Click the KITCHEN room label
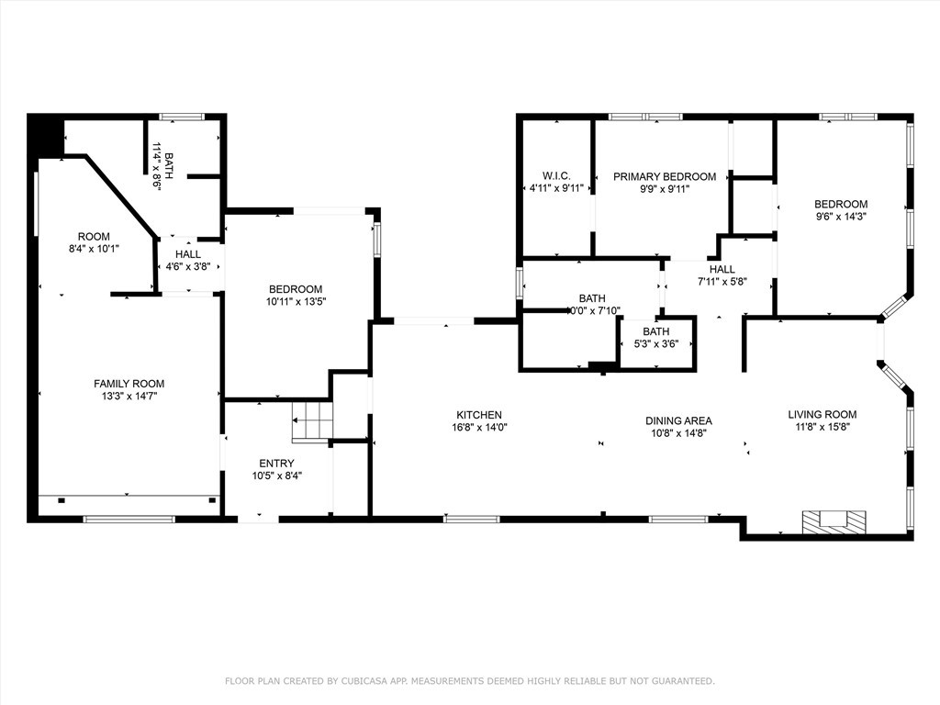(x=479, y=415)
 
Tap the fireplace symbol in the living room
(x=834, y=521)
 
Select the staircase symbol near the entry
(x=312, y=421)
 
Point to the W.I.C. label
(x=556, y=175)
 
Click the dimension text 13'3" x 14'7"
(x=129, y=397)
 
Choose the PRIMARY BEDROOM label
(x=665, y=177)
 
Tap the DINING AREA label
(x=678, y=420)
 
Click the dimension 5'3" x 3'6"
(x=655, y=344)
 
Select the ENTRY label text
(x=276, y=464)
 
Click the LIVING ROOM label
(x=822, y=414)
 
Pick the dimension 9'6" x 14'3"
(x=841, y=217)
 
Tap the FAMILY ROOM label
(x=129, y=384)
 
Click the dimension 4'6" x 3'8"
(x=187, y=267)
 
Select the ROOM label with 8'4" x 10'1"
(x=95, y=236)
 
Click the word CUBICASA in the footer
(x=362, y=681)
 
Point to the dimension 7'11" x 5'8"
(x=722, y=282)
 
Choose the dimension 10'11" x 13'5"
(x=296, y=301)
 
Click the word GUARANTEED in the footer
(x=684, y=681)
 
